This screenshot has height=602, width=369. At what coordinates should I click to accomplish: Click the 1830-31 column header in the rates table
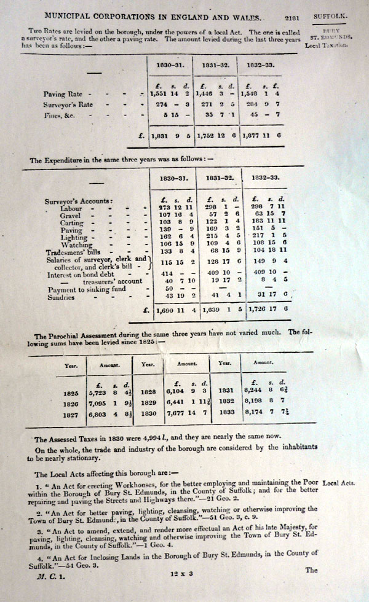167,63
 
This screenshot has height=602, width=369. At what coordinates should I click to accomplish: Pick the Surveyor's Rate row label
68,104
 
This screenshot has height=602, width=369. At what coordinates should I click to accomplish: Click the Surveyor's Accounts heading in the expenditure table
79,200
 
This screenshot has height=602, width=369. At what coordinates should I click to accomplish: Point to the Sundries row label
62,297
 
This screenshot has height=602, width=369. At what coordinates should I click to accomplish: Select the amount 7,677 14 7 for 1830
185,413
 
